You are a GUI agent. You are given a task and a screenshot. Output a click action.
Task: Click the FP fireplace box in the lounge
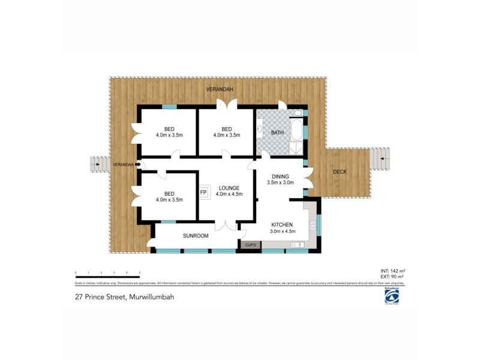point(203,193)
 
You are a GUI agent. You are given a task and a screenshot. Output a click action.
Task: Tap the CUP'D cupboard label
point(250,245)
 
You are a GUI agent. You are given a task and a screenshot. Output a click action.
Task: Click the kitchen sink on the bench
point(297,245)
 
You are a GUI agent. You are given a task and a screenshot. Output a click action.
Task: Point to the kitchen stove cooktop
point(313,226)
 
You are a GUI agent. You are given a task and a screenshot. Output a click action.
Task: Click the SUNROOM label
point(196,236)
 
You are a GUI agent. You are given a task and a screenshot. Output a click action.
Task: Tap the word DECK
point(340,172)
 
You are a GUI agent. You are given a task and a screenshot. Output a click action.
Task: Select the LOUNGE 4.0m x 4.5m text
point(229,191)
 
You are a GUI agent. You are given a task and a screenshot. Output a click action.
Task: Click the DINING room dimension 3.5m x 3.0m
point(280,182)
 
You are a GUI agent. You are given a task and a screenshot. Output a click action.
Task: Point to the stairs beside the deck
point(380,159)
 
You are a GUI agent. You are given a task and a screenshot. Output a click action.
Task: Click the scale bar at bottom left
point(107,275)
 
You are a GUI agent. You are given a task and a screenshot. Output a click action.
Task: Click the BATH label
point(278,133)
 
